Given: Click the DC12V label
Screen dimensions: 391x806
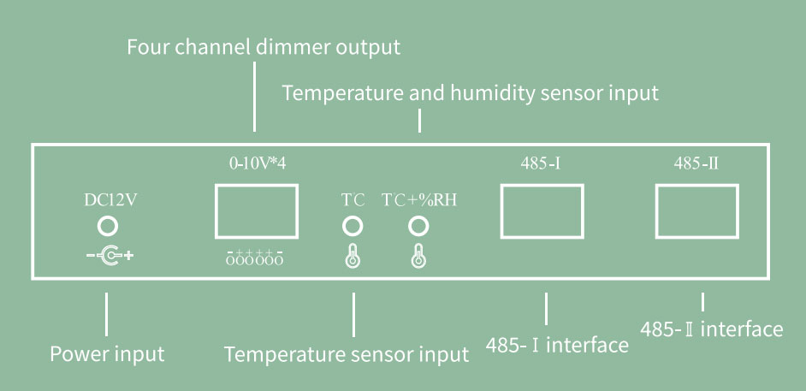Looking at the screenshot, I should click(x=110, y=202).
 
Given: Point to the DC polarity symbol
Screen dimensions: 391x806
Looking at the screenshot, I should click(x=110, y=255).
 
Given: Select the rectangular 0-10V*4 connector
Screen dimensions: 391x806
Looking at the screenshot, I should click(x=257, y=210).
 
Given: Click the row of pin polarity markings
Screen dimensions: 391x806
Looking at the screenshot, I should click(x=255, y=257).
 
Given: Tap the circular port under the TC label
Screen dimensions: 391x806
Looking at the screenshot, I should click(x=353, y=226).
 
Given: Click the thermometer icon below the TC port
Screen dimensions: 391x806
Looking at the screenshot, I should click(x=353, y=255).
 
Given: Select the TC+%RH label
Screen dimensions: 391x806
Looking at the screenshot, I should click(x=419, y=201).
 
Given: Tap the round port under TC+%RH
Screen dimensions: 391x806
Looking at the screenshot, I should click(x=418, y=226).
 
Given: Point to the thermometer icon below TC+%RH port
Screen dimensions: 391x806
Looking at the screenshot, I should click(x=418, y=255).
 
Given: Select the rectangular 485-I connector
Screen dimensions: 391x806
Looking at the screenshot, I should click(x=540, y=210).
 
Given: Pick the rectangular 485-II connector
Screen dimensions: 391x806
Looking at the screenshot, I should click(x=696, y=210).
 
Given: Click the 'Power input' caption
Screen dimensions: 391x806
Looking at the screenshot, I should click(x=107, y=352).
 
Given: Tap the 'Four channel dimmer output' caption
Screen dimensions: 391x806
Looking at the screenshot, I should click(x=264, y=47).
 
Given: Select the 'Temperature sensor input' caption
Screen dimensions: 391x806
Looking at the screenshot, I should click(x=347, y=353).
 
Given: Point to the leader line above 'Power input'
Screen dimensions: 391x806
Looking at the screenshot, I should click(x=107, y=314).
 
